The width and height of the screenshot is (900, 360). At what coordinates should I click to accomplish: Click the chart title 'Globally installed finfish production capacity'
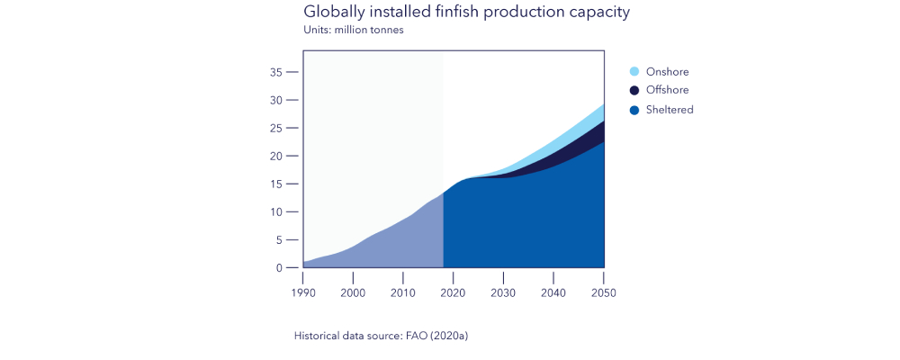click(466, 13)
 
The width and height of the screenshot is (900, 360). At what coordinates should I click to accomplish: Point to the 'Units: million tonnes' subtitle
click(354, 31)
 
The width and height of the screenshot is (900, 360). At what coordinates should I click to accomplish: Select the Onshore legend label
click(667, 72)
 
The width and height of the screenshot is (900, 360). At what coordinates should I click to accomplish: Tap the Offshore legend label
click(668, 90)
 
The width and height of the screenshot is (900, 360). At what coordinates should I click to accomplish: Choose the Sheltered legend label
click(670, 110)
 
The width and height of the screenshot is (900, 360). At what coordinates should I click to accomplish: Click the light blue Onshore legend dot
click(634, 72)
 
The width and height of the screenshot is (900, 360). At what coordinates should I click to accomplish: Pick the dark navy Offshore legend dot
click(634, 90)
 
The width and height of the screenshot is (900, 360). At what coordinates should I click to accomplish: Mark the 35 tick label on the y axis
click(276, 72)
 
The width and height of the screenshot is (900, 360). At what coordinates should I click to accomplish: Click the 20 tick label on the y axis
click(276, 156)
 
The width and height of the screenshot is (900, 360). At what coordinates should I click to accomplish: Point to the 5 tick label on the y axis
click(280, 240)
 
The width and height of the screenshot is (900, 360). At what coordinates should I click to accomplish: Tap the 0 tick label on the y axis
click(280, 268)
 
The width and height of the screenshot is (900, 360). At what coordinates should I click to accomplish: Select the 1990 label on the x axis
click(303, 292)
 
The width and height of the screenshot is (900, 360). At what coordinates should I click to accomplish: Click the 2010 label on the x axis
click(403, 292)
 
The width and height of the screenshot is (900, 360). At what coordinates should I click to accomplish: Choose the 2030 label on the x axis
click(503, 292)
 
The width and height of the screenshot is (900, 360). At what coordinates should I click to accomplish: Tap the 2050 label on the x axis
click(603, 292)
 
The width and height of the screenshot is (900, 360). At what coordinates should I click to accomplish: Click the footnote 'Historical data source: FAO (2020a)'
click(382, 336)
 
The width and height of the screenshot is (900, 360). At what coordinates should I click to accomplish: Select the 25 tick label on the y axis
click(276, 128)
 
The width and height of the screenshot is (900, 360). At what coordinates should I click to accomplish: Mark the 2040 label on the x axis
click(553, 292)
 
